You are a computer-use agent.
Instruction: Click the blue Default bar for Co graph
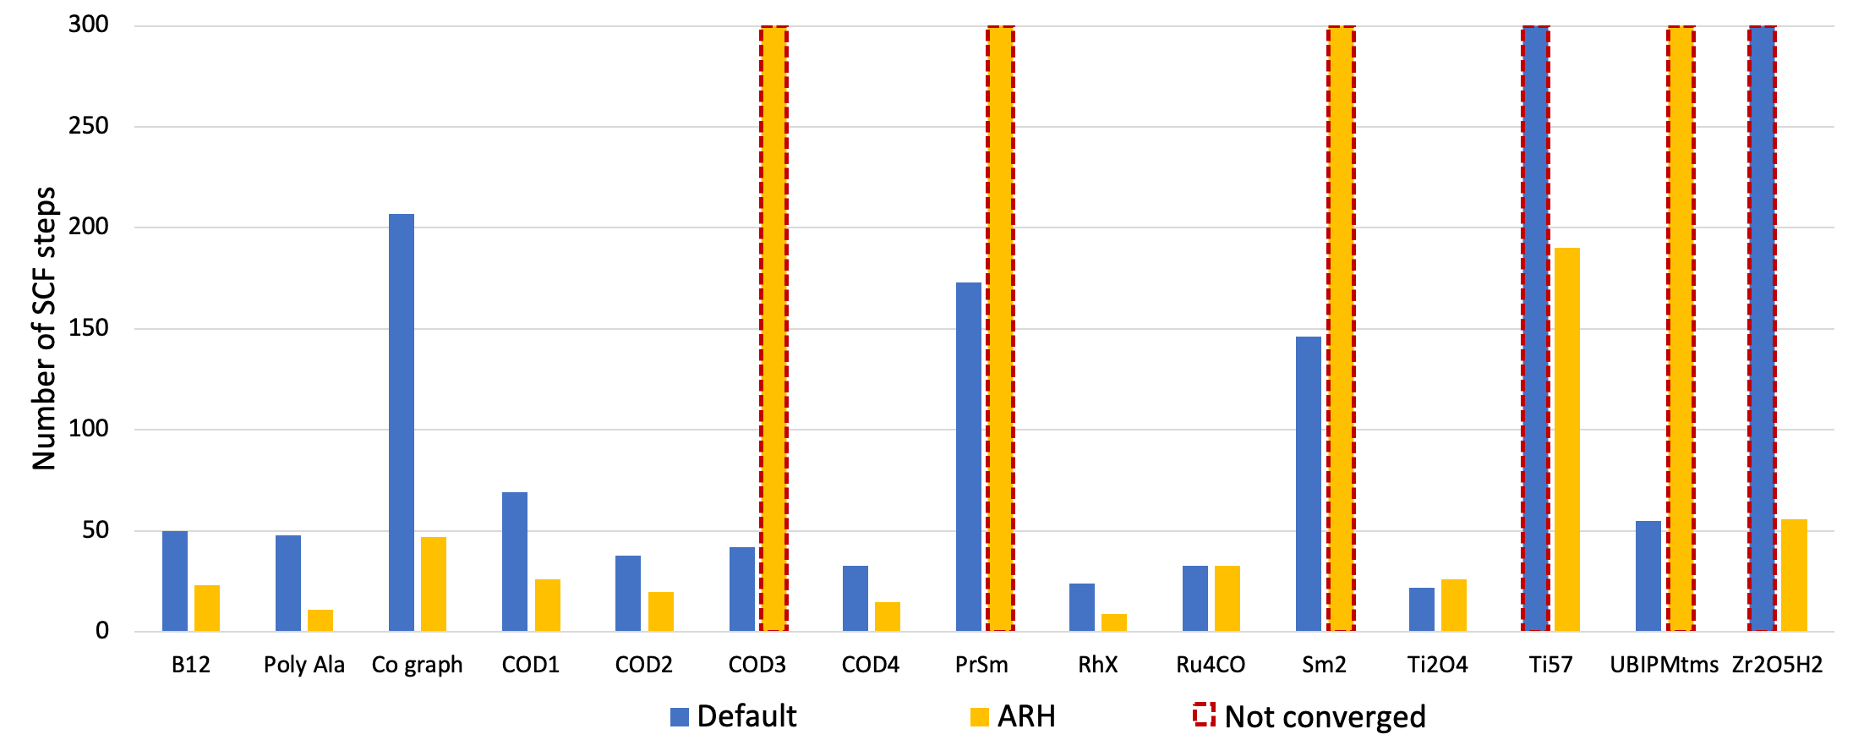click(402, 423)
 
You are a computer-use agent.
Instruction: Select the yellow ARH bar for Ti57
click(1566, 440)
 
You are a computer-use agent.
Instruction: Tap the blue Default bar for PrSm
click(969, 457)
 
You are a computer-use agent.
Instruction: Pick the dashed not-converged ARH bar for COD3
click(773, 330)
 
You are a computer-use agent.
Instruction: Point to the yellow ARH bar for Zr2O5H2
click(1794, 575)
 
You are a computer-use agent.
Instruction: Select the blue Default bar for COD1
click(515, 562)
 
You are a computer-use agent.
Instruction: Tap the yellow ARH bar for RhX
click(1114, 622)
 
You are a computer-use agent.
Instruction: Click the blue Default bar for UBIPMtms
click(1648, 576)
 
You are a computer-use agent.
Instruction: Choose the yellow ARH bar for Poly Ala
click(320, 620)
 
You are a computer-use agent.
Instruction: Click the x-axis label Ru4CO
click(1211, 665)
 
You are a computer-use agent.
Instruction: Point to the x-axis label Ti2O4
click(1437, 665)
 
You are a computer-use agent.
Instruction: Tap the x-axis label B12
click(191, 665)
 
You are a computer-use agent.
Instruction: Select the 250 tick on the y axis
click(89, 126)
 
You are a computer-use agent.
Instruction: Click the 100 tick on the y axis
click(89, 429)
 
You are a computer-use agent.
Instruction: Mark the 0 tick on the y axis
click(102, 631)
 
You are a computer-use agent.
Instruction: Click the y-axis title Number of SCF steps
click(44, 328)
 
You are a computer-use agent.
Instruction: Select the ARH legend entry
click(1013, 716)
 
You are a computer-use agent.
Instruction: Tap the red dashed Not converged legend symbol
click(1204, 715)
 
